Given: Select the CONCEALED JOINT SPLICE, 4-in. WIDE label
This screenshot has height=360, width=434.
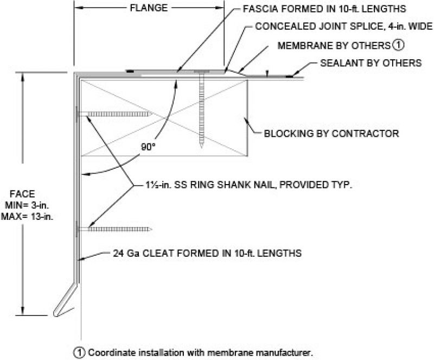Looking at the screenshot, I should pos(344,27).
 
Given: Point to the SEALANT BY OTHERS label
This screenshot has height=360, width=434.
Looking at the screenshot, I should pos(371,63).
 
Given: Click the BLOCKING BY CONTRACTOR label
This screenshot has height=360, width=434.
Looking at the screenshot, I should pos(331,133).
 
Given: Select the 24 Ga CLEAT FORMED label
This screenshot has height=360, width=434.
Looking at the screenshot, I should pos(207,253).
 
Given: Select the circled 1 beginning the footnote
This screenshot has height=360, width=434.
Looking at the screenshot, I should pos(81,351).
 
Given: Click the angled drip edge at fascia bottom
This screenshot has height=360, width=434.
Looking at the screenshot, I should pos(66,301).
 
